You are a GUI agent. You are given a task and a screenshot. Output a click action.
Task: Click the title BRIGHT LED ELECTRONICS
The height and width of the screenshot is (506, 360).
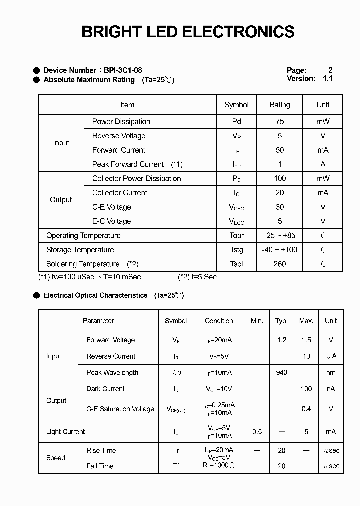pyautogui.click(x=188, y=32)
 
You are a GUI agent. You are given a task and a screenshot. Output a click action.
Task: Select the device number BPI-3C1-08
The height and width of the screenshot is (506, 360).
pyautogui.click(x=123, y=70)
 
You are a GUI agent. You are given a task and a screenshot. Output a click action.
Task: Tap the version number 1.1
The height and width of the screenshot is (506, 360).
pyautogui.click(x=327, y=79)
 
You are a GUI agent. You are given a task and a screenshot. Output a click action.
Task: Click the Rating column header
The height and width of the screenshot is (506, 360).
pyautogui.click(x=279, y=105)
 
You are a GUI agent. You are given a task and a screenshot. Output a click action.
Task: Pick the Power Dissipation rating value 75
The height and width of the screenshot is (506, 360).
pyautogui.click(x=279, y=121)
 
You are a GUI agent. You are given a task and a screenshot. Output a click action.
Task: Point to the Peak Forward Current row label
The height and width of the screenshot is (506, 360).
pyautogui.click(x=128, y=164)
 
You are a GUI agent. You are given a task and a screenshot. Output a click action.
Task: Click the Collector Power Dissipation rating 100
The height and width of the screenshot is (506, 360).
pyautogui.click(x=279, y=178)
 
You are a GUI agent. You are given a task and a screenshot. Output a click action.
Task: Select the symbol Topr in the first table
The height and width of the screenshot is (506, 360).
pyautogui.click(x=236, y=236)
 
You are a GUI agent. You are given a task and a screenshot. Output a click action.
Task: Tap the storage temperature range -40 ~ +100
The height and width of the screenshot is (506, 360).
pyautogui.click(x=279, y=250)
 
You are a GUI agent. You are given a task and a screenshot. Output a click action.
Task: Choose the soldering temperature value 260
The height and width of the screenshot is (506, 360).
pyautogui.click(x=279, y=264)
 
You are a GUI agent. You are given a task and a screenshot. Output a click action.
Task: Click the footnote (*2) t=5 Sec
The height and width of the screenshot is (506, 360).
pyautogui.click(x=197, y=277)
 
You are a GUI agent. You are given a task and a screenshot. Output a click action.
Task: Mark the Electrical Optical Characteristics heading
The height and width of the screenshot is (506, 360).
pyautogui.click(x=95, y=295)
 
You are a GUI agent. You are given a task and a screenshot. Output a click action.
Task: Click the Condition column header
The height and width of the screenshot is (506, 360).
pyautogui.click(x=219, y=321)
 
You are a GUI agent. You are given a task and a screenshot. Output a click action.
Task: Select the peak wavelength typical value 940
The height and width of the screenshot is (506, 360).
pyautogui.click(x=281, y=372)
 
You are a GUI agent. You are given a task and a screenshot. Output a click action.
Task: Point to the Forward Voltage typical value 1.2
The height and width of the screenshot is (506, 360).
pyautogui.click(x=281, y=340)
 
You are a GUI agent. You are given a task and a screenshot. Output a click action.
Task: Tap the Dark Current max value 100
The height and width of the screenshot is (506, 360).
pyautogui.click(x=306, y=389)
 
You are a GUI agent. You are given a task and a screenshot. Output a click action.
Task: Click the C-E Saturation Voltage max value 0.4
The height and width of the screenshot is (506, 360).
pyautogui.click(x=306, y=409)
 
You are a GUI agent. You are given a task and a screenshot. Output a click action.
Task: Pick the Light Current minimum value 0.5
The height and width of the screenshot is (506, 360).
pyautogui.click(x=257, y=432)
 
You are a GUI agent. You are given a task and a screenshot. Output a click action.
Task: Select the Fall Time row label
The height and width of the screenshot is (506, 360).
pyautogui.click(x=100, y=466)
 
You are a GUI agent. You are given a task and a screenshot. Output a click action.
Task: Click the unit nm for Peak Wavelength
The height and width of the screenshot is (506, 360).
pyautogui.click(x=331, y=372)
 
